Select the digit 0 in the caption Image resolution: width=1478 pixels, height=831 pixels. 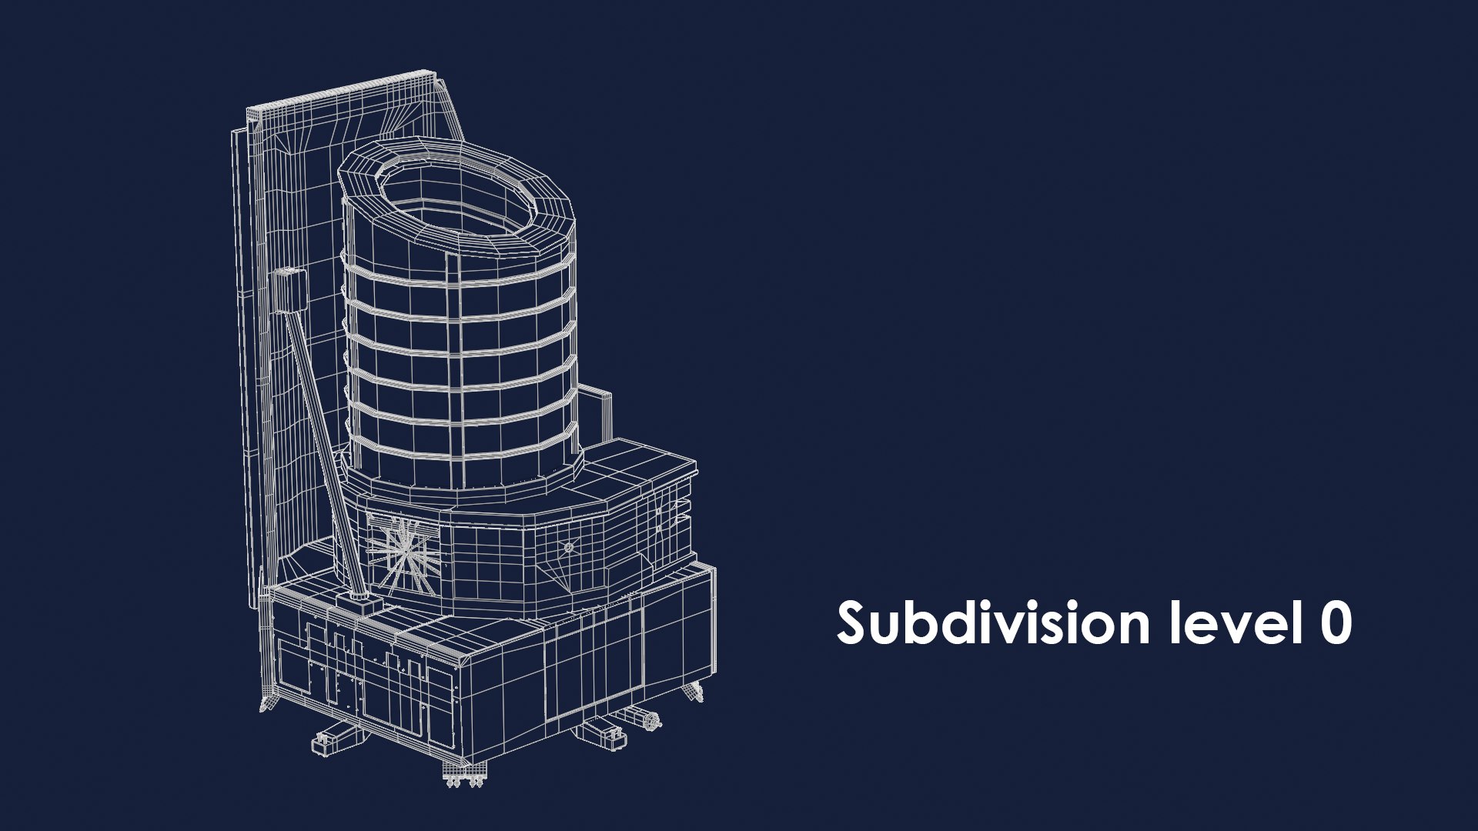coord(1336,624)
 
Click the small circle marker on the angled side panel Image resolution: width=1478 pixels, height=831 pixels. coord(569,547)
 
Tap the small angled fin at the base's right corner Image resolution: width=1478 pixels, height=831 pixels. coord(693,690)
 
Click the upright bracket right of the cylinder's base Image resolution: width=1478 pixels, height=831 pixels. coord(595,415)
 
